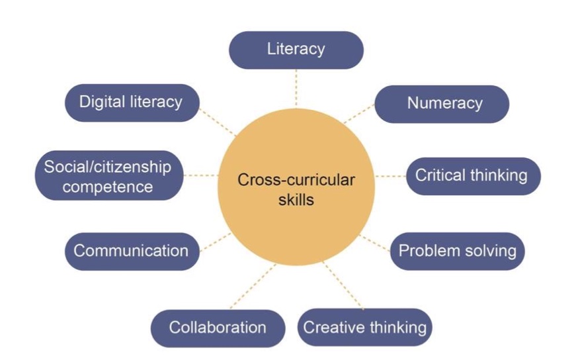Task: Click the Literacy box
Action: pos(296,50)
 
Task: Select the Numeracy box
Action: pos(442,104)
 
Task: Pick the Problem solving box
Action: pos(457,251)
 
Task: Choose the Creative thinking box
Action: pos(364,328)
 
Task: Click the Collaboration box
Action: pos(218,328)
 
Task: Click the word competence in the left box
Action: pos(107,187)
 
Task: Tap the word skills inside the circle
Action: pos(296,199)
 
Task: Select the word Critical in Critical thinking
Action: pos(440,176)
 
